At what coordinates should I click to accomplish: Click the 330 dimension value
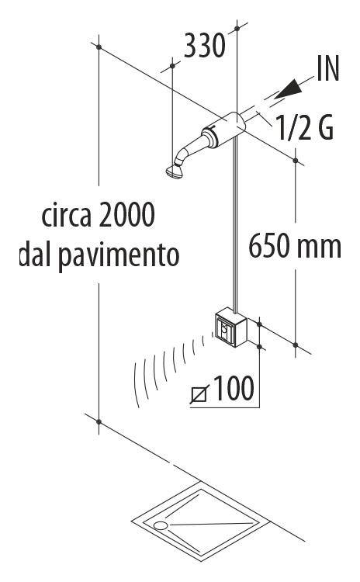[205, 46]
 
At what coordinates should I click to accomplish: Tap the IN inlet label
[328, 68]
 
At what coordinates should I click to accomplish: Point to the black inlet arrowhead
[289, 89]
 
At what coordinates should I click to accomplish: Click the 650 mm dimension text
[295, 246]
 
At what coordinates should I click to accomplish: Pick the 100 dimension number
[234, 388]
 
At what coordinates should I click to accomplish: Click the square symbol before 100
[199, 393]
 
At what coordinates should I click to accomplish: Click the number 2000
[126, 214]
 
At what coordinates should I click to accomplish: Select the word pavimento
[119, 256]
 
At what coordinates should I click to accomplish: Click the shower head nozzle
[175, 171]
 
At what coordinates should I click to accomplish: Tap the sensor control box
[230, 327]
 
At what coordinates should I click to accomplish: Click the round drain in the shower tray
[161, 525]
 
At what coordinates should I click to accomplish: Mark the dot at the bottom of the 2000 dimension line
[99, 421]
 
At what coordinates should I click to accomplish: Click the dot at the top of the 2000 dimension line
[99, 47]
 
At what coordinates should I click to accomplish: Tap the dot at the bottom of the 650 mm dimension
[296, 345]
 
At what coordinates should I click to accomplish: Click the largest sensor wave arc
[137, 384]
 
